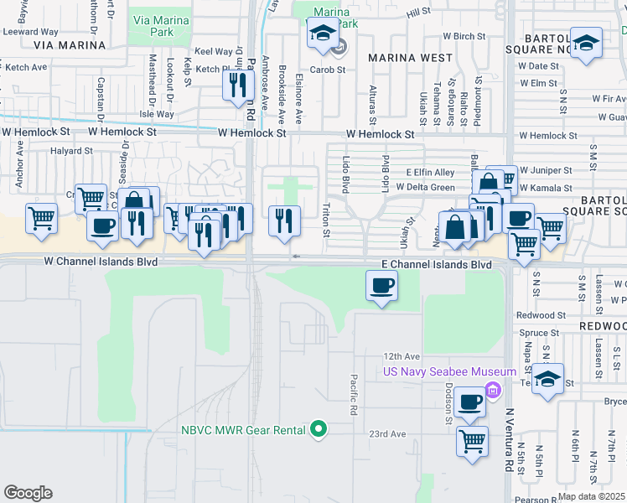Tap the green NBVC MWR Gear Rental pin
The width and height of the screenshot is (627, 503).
pyautogui.click(x=318, y=430)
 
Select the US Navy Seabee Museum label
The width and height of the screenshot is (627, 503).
pyautogui.click(x=449, y=371)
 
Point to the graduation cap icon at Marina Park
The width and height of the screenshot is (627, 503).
pyautogui.click(x=321, y=34)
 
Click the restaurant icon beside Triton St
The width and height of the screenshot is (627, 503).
pyautogui.click(x=284, y=220)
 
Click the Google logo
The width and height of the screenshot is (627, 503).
pyautogui.click(x=28, y=493)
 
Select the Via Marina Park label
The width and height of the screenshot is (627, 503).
pyautogui.click(x=152, y=25)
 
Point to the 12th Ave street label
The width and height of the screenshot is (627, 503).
pyautogui.click(x=401, y=355)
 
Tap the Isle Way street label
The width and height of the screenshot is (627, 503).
pyautogui.click(x=157, y=114)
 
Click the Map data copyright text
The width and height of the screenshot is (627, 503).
pyautogui.click(x=592, y=496)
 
